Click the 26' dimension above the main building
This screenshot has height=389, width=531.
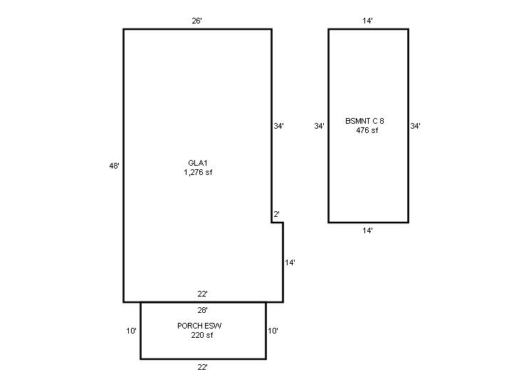coord(196,21)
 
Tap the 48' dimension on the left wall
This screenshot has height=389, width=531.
coord(114,166)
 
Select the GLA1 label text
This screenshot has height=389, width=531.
coord(198,163)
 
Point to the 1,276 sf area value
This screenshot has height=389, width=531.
coord(198,172)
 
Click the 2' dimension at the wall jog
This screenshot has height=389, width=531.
coord(277,214)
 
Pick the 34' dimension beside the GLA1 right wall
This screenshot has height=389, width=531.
coord(279,126)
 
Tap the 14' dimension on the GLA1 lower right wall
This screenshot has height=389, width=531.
coord(290,262)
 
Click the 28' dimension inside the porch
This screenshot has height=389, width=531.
coord(203,310)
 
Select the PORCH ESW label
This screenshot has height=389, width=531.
coord(199,326)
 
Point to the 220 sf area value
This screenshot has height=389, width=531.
coord(202,335)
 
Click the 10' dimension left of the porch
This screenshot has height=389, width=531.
coord(132,331)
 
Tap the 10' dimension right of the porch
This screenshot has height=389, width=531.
coord(273,331)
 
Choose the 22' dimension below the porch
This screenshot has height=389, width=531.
coord(203,367)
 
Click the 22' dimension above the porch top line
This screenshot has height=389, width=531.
coord(203,294)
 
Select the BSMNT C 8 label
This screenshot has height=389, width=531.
coord(364,121)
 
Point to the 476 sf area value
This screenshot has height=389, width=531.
coord(367,130)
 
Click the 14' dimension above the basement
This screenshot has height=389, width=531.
coord(367,21)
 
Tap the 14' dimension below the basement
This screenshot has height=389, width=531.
coord(367,230)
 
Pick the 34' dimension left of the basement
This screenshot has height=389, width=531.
coord(320,126)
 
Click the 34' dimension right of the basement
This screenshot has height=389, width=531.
coord(416,126)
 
